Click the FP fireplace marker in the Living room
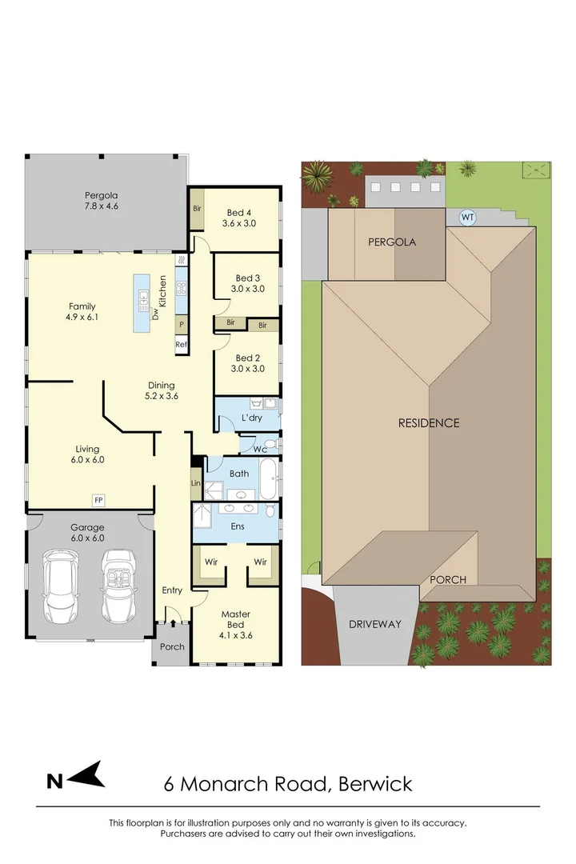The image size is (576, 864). click(98, 500)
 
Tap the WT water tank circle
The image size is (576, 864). click(466, 217)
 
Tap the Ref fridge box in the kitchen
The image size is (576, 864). click(182, 345)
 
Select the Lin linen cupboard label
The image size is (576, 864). click(195, 483)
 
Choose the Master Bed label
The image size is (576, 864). click(236, 620)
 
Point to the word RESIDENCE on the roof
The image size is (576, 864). click(429, 422)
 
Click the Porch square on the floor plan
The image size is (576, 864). click(172, 646)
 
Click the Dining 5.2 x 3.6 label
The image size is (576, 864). click(161, 390)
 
